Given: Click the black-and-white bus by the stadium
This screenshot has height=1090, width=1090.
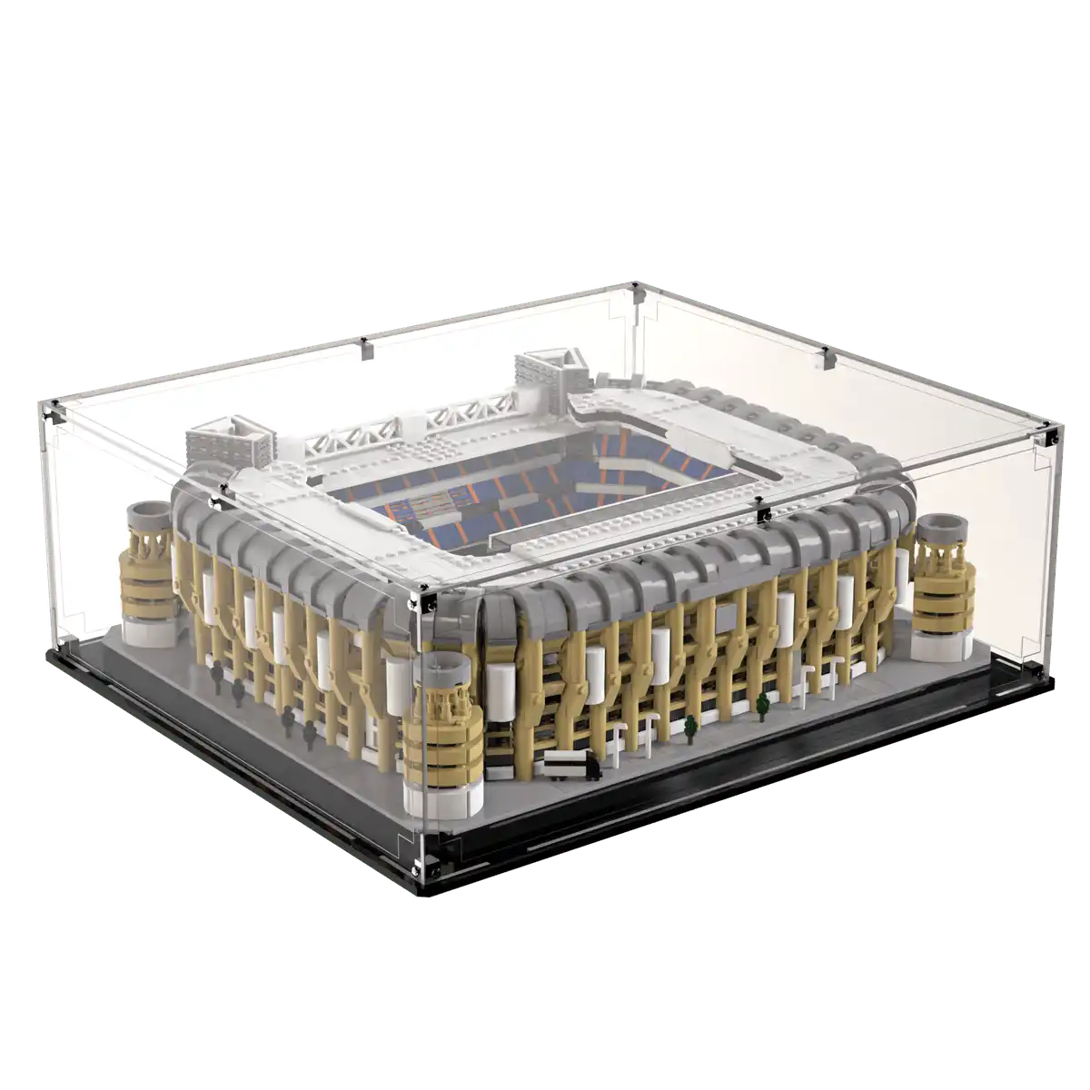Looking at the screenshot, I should pos(570,766).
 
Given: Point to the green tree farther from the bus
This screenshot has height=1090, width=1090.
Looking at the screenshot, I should pos(761,703).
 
